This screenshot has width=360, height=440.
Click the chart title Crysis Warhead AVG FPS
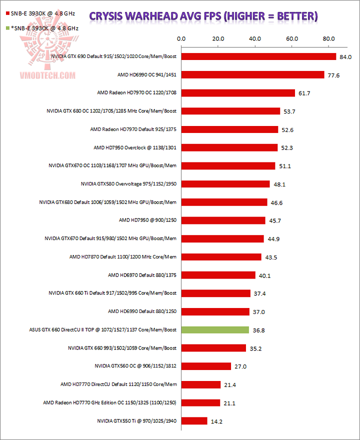click(x=203, y=16)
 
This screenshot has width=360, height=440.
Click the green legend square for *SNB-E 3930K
click(x=6, y=28)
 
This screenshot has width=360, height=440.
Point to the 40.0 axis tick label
click(x=255, y=38)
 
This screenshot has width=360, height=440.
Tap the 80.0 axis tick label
click(x=328, y=38)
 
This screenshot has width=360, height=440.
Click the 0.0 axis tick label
click(x=181, y=38)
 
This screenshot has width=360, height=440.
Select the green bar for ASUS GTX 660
click(x=215, y=330)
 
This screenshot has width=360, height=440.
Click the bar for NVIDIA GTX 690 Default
click(x=258, y=56)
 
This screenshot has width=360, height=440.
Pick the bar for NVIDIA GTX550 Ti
click(x=194, y=421)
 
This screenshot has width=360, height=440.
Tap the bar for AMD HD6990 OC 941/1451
click(x=252, y=75)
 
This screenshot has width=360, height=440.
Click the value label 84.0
click(x=346, y=57)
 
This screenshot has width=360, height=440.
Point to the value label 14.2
click(x=217, y=421)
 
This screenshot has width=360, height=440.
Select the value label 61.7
click(x=304, y=93)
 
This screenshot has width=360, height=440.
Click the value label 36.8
click(x=258, y=330)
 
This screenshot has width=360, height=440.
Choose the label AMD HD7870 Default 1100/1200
click(x=123, y=257)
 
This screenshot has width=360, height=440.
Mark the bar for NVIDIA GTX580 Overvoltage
click(x=225, y=184)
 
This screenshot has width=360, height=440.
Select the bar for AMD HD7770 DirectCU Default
click(x=201, y=384)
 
